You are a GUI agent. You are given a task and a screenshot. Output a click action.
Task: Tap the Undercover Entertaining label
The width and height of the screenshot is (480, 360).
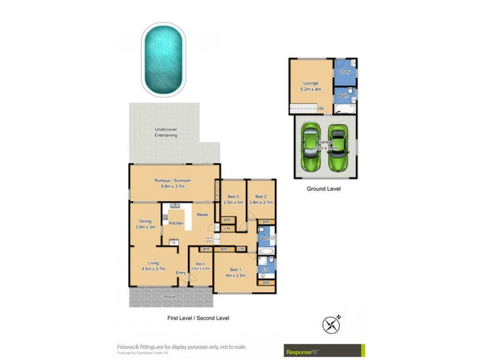click(x=166, y=133)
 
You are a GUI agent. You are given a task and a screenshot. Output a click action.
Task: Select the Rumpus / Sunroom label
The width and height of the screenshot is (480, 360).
click(x=172, y=184)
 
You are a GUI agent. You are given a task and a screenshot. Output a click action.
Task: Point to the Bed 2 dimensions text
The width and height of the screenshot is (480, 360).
click(x=261, y=203)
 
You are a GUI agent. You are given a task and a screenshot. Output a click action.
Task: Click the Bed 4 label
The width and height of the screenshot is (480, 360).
click(x=200, y=265)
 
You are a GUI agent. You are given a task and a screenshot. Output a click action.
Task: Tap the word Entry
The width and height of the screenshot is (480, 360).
click(x=181, y=273)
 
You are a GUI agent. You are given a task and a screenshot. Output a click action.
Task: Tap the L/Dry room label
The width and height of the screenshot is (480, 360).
click(x=344, y=73)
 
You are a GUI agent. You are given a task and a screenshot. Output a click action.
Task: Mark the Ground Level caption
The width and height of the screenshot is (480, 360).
click(x=325, y=188)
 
